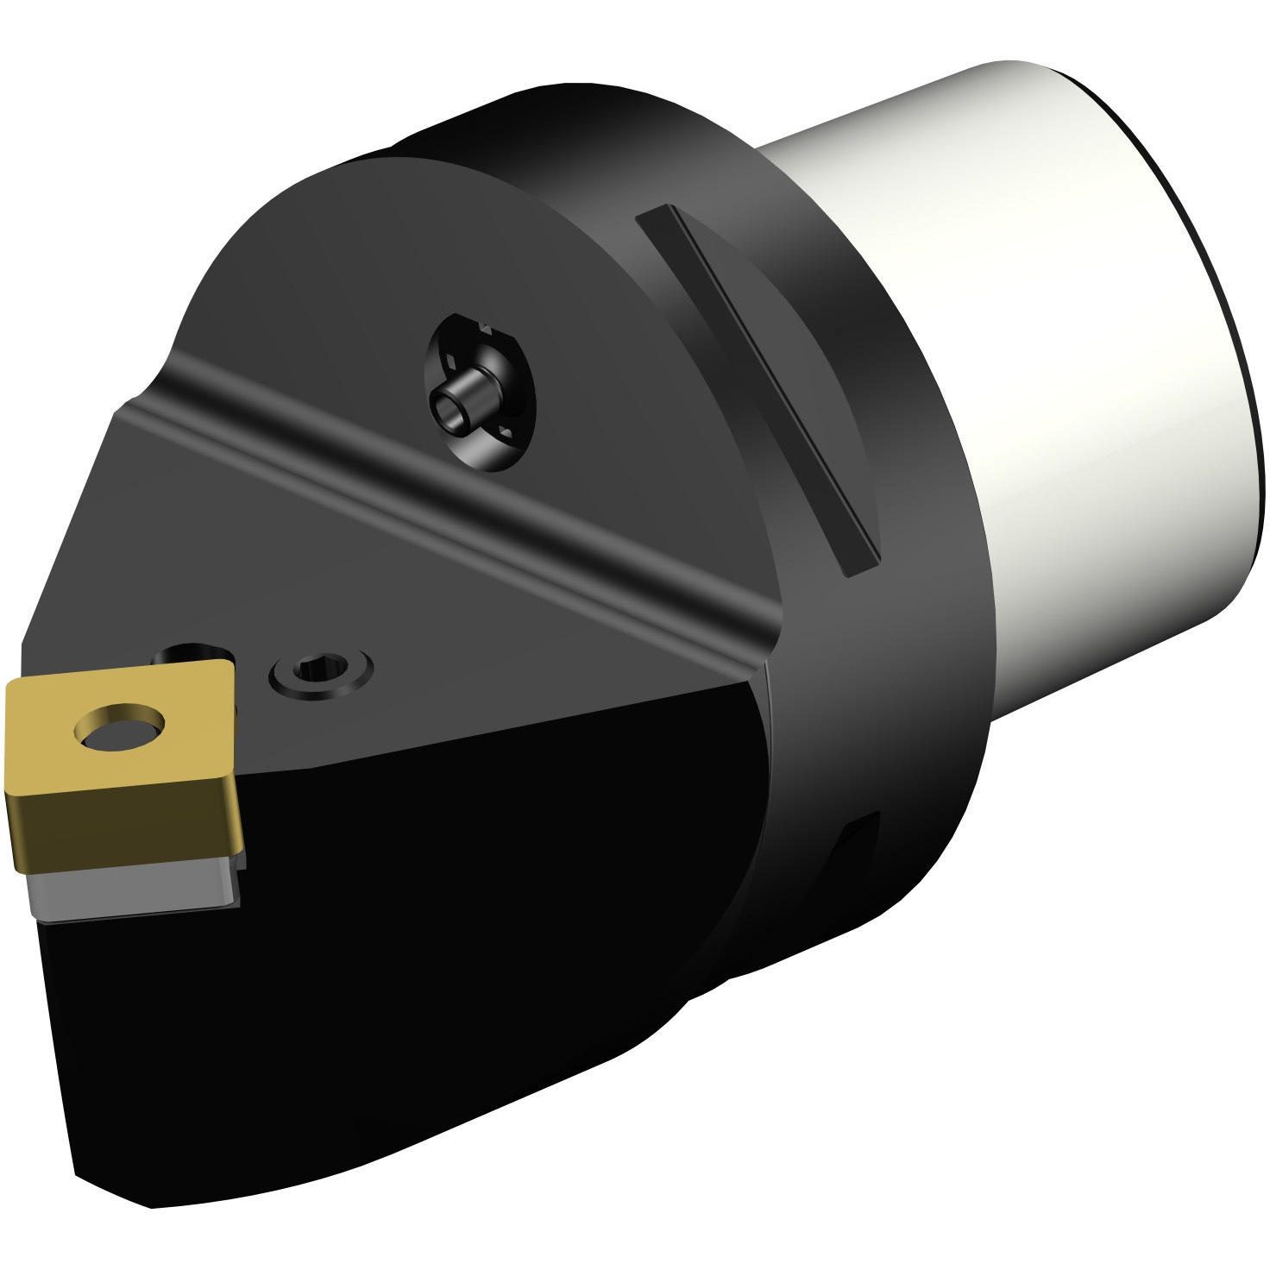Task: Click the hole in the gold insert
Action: (x=119, y=726)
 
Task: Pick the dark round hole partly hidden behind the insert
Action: (x=190, y=654)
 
